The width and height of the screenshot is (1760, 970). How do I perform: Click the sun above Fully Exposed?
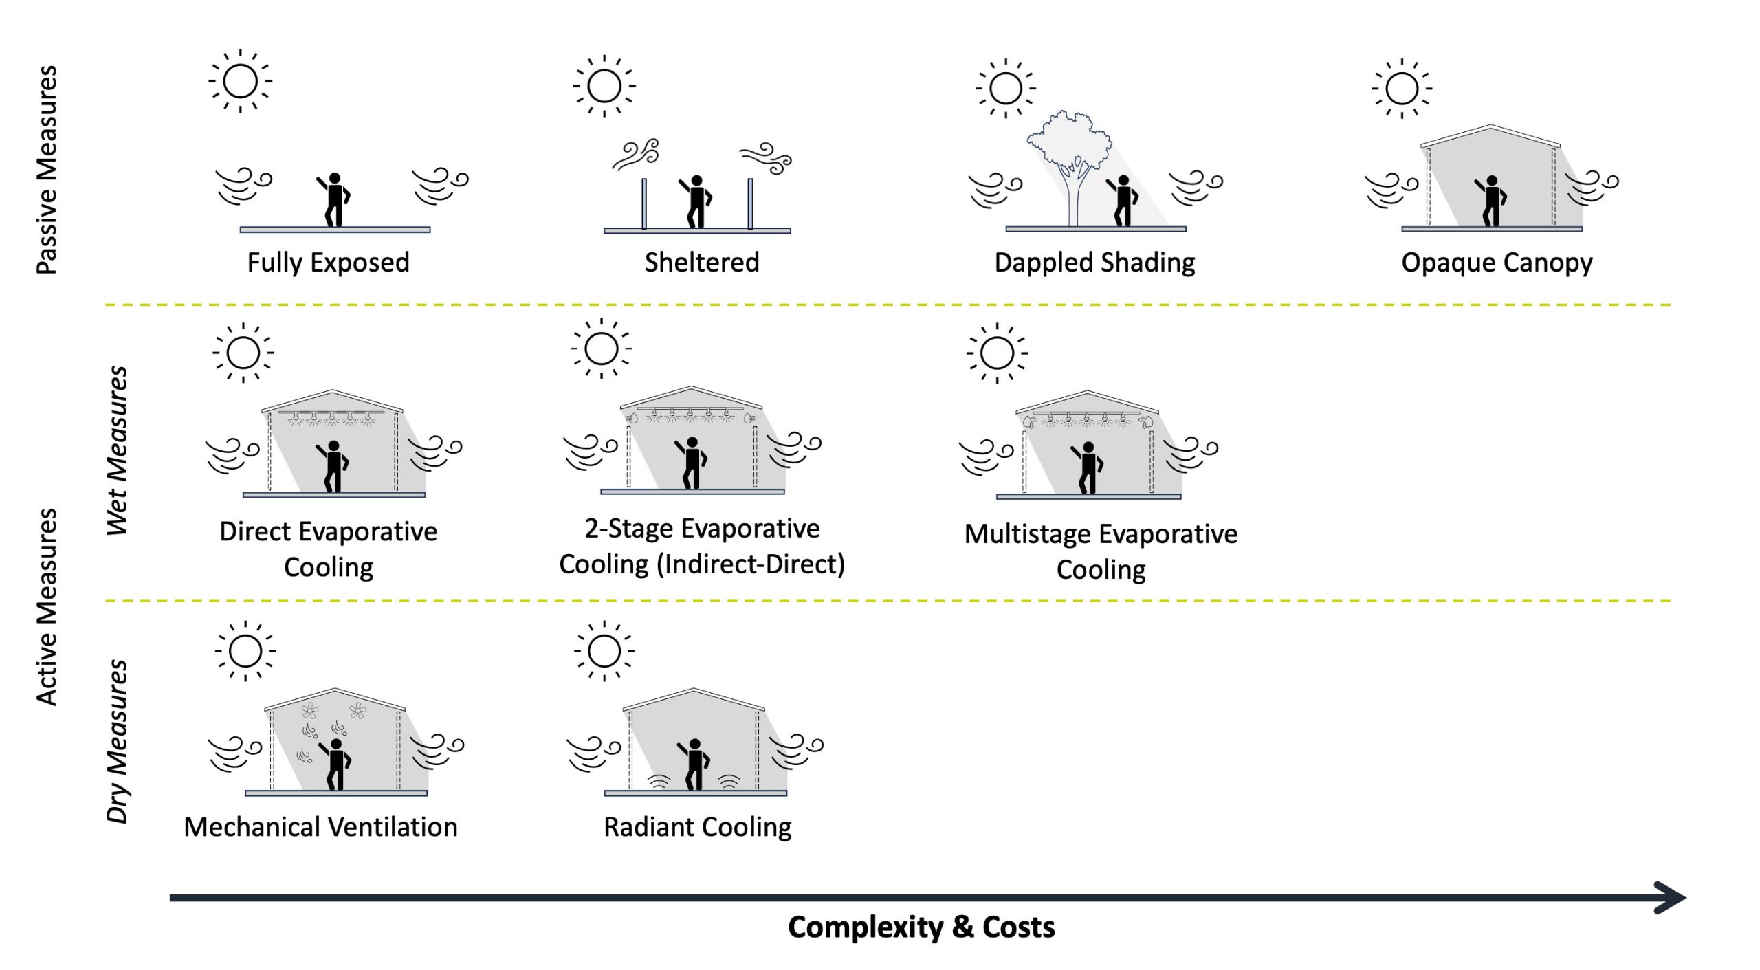[x=241, y=81]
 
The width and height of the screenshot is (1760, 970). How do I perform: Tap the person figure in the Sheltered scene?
[x=696, y=201]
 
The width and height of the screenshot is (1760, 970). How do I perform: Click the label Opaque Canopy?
[x=1497, y=263]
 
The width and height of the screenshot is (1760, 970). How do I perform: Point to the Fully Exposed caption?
[x=328, y=263]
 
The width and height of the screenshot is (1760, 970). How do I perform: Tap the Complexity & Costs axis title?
[x=921, y=927]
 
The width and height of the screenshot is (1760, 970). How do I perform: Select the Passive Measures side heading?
[x=47, y=170]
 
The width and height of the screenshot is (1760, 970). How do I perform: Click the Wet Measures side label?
[x=117, y=450]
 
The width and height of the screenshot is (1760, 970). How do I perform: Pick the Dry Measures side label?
[x=117, y=741]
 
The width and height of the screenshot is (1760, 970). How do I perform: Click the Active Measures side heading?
[x=47, y=607]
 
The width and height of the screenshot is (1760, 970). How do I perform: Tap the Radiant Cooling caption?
[x=697, y=827]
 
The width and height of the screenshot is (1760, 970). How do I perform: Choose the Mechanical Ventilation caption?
[x=320, y=827]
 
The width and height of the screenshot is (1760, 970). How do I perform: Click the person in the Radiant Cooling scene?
[x=694, y=764]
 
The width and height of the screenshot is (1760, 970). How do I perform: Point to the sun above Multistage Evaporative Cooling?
[x=997, y=353]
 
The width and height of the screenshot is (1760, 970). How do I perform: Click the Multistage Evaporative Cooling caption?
[x=1101, y=552]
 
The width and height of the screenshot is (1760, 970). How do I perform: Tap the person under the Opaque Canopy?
[x=1490, y=201]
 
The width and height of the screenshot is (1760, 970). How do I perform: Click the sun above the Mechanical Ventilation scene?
[x=245, y=651]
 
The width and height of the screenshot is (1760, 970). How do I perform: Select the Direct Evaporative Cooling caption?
[x=329, y=549]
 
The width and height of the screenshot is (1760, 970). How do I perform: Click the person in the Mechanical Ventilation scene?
[x=335, y=764]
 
